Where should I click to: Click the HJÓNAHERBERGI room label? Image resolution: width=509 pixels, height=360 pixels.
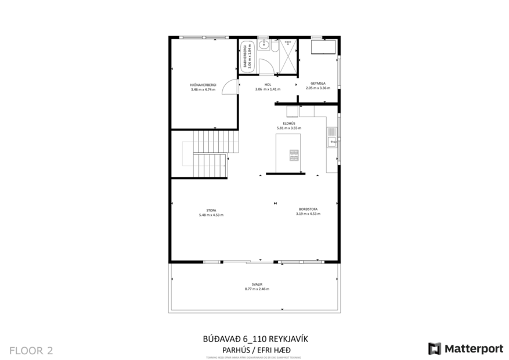(203, 84)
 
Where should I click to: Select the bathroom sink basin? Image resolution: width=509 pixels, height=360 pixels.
(263, 49)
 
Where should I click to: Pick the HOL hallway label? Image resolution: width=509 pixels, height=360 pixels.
(268, 84)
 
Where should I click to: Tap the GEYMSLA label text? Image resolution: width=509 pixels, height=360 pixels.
(317, 83)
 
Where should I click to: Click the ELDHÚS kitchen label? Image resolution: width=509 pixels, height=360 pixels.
(288, 123)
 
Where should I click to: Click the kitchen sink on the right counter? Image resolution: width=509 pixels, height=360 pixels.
(331, 132)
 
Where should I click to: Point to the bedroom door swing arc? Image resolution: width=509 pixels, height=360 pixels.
(232, 86)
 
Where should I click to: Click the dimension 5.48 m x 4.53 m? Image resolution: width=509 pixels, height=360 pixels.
(211, 215)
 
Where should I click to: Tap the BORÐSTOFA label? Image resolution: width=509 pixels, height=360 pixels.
(308, 209)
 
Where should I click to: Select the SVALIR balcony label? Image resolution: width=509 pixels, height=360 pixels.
(257, 284)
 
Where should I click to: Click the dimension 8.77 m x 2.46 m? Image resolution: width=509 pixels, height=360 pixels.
(257, 289)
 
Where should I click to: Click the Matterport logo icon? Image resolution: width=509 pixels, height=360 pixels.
(434, 348)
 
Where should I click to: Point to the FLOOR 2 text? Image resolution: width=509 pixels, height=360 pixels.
(31, 350)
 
